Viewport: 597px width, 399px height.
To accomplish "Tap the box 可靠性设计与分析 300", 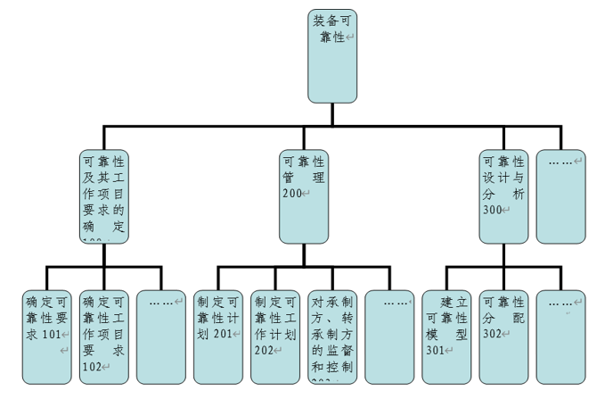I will [503, 195].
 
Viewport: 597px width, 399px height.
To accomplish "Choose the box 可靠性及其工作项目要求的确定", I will [103, 195].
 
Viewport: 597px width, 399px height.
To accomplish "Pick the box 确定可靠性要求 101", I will [47, 334].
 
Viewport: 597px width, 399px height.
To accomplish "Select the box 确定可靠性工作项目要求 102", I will [103, 334].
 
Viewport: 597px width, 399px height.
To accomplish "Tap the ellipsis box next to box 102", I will [160, 334].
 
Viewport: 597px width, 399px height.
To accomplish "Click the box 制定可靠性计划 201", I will [217, 334].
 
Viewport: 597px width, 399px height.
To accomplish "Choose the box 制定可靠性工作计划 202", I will [274, 334].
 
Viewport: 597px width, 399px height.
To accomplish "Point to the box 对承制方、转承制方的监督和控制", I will [331, 334].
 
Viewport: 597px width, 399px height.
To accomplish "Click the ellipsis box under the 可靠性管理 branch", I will [389, 334].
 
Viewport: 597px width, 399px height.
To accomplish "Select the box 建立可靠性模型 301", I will [446, 334].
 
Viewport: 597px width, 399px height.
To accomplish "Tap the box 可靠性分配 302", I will [503, 334].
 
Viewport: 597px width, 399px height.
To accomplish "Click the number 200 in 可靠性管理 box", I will [293, 194].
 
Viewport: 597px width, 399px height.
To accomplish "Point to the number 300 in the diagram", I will [493, 210].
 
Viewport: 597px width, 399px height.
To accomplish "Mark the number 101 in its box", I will [52, 334].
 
